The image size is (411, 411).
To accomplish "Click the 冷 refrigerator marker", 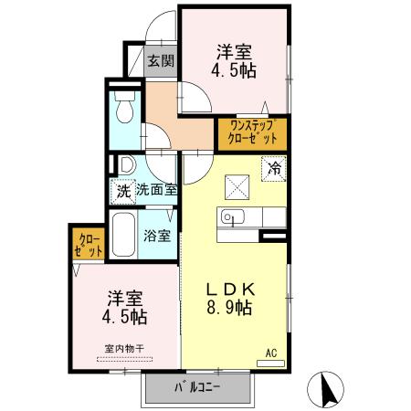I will click(273, 167).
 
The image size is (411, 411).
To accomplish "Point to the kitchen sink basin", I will click(229, 217).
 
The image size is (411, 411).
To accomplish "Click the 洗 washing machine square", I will click(122, 192).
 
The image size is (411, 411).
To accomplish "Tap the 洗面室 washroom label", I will click(156, 191).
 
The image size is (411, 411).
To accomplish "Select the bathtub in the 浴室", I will click(122, 235).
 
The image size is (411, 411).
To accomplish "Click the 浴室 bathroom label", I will click(157, 236).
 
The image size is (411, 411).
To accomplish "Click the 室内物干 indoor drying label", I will click(124, 347).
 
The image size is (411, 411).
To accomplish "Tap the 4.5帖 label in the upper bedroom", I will click(236, 71).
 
